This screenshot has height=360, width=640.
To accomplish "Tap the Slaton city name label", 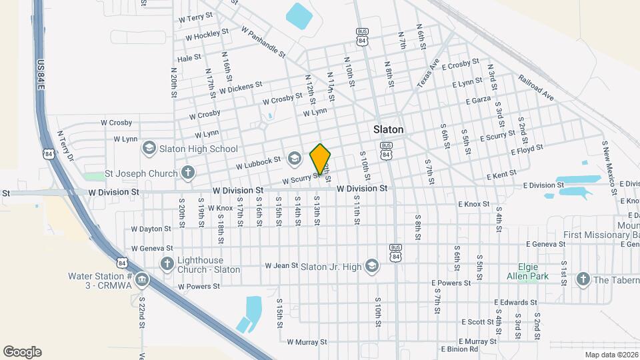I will click(388, 129).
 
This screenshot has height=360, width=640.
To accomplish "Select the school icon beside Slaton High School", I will click(149, 148).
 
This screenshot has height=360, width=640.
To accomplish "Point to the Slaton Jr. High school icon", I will click(371, 267).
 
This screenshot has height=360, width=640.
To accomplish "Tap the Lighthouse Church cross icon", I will click(167, 264).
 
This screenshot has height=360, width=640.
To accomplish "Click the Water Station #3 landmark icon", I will click(141, 279).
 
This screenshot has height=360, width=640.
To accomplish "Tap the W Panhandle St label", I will click(263, 41).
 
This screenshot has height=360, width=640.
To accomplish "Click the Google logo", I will click(22, 351).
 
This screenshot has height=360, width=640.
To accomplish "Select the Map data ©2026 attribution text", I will click(611, 355).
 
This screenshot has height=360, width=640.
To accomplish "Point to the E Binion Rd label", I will click(459, 349).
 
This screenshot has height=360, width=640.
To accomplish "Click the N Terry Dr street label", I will click(65, 145).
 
